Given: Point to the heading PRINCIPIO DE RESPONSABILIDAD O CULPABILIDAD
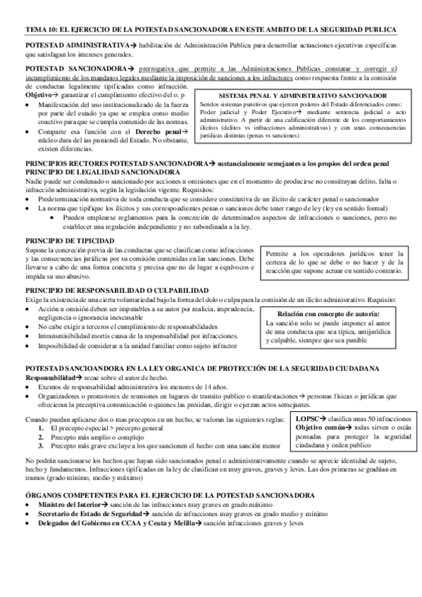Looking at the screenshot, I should click(x=116, y=291).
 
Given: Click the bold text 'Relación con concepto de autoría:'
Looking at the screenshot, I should click(x=328, y=313).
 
